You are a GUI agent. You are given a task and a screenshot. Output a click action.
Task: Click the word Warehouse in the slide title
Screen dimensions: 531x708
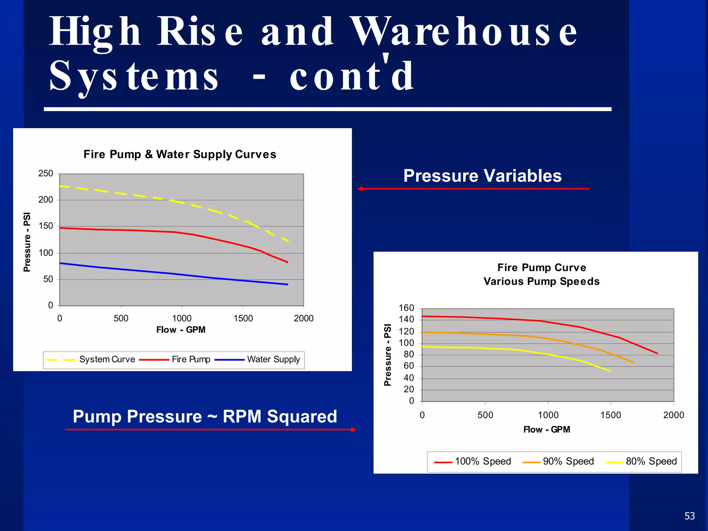pos(463,32)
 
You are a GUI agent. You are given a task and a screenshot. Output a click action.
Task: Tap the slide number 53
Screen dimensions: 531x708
pos(689,516)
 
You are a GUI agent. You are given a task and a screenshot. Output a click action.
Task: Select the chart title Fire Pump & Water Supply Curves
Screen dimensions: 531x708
pos(180,154)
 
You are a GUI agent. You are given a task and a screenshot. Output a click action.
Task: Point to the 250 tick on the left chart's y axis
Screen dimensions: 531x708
pos(46,174)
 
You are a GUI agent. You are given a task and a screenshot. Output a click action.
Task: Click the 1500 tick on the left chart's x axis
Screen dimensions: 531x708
pos(243,318)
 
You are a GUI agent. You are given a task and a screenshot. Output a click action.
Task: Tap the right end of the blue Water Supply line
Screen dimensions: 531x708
pos(287,285)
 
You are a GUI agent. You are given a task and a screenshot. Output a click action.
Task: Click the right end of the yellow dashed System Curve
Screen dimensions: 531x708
pos(288,241)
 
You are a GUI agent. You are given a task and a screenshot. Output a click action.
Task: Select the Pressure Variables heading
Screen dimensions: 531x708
pos(482,176)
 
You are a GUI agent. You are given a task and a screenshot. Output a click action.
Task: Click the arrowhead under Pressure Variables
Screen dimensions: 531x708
pos(360,189)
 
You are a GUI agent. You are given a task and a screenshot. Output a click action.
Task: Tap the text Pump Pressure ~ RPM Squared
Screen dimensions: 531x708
pos(205,416)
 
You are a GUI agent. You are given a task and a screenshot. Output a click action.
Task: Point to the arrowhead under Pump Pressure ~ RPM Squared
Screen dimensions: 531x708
pos(354,430)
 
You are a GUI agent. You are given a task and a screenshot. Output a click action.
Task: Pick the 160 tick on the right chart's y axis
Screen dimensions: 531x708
pos(406,308)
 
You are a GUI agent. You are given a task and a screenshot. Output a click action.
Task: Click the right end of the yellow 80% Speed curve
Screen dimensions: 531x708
pos(610,371)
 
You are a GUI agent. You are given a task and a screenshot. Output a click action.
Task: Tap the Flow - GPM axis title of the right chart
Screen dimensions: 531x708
pos(547,430)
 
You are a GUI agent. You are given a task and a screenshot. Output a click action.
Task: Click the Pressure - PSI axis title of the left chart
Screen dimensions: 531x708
pos(27,242)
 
